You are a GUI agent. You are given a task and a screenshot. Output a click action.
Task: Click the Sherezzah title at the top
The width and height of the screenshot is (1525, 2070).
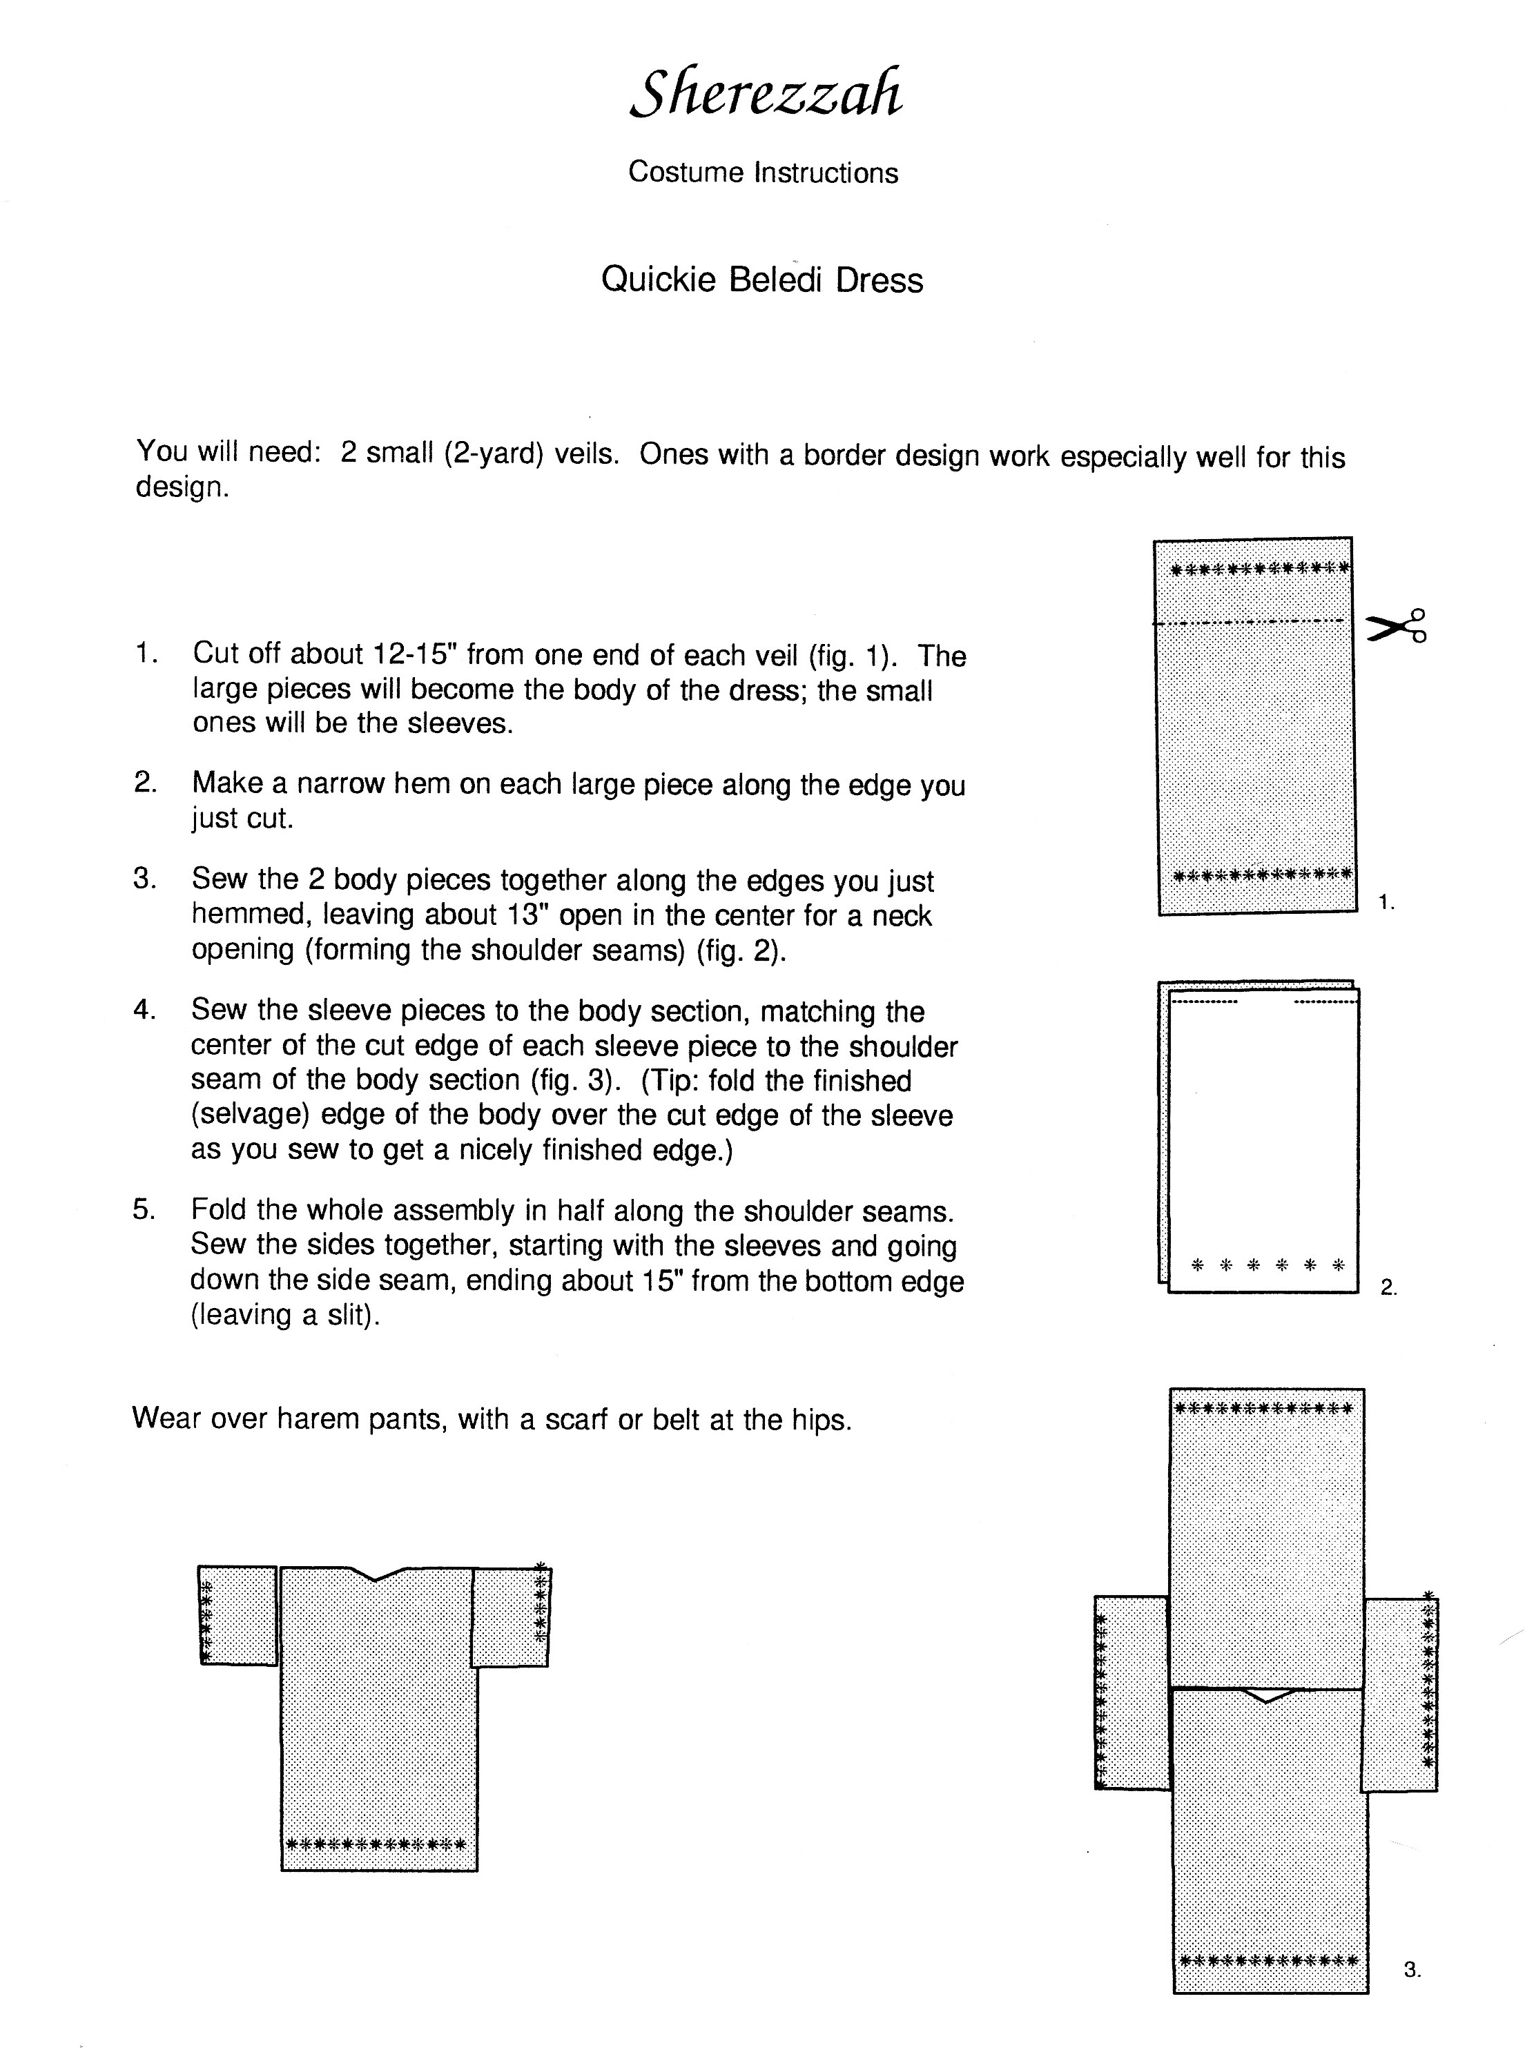[x=766, y=94]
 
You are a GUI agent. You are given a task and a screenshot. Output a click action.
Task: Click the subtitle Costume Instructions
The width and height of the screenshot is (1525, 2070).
[x=762, y=173]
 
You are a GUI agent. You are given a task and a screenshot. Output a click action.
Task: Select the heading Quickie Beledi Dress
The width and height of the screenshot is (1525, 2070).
[x=761, y=280]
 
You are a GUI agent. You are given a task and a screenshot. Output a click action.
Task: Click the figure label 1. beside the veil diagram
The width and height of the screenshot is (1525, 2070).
[x=1386, y=903]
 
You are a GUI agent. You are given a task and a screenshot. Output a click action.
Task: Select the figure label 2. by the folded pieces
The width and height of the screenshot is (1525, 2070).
[x=1388, y=1287]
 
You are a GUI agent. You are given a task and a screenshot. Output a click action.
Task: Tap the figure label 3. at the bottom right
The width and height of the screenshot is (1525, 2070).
[x=1412, y=1969]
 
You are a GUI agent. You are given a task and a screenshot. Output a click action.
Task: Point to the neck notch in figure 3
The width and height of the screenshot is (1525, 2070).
[x=1267, y=1695]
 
